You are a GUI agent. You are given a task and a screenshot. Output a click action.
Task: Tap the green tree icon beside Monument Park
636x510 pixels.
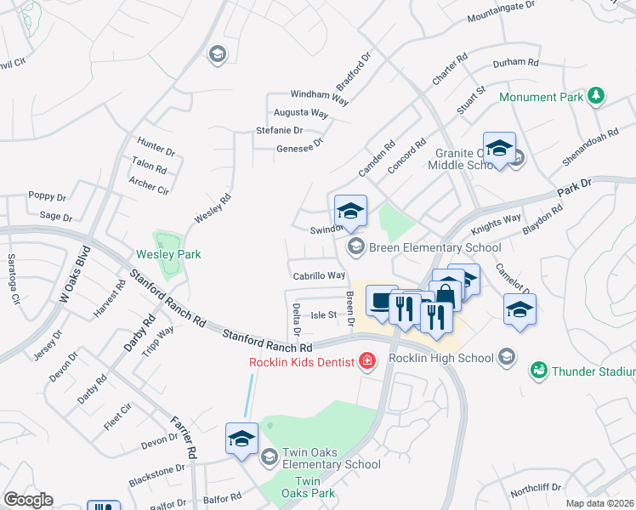pyautogui.click(x=597, y=95)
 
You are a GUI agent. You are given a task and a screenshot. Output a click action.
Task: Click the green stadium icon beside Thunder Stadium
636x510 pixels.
pyautogui.click(x=538, y=371)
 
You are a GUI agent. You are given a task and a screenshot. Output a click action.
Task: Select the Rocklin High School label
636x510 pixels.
pyautogui.click(x=442, y=357)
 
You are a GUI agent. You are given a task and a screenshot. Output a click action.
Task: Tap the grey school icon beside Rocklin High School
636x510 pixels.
pyautogui.click(x=508, y=356)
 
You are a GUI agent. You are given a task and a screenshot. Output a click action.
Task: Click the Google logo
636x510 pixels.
pyautogui.click(x=28, y=500)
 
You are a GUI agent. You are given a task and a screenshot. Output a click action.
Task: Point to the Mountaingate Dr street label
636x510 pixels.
pyautogui.click(x=501, y=11)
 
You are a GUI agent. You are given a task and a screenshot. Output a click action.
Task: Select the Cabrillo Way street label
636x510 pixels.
pyautogui.click(x=320, y=275)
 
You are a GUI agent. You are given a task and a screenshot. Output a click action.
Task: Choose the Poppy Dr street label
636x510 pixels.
pyautogui.click(x=47, y=195)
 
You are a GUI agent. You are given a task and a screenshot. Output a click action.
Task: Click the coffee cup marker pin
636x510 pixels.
pyautogui.click(x=382, y=300)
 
